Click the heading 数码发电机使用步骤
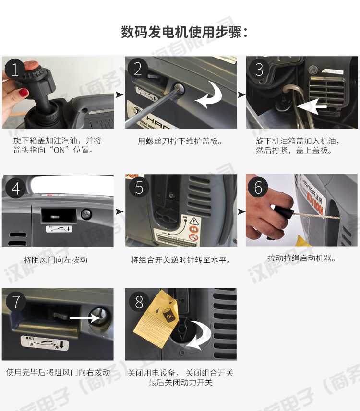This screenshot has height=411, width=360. click(x=184, y=33)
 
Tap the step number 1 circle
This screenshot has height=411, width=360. click(x=15, y=70)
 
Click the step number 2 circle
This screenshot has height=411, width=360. click(x=138, y=70)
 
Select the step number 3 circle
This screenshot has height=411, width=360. click(x=259, y=70)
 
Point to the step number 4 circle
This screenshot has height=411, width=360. click(x=15, y=188)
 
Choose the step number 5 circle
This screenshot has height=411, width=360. click(x=139, y=187)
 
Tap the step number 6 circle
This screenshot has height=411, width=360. click(x=258, y=187)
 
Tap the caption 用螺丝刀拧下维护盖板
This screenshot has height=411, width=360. click(x=180, y=141)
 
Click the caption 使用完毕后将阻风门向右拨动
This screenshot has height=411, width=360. click(x=58, y=372)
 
